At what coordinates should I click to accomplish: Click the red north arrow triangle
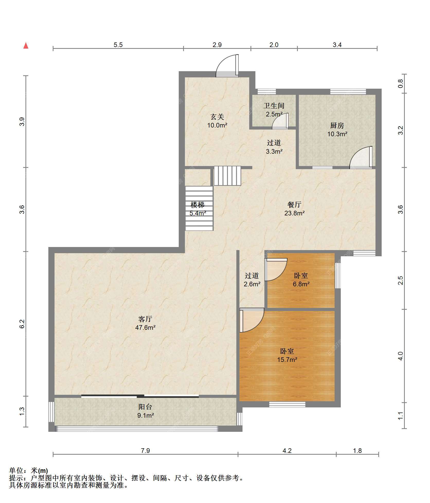26,46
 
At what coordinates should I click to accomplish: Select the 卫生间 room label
274,106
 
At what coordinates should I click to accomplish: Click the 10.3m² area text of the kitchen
337,134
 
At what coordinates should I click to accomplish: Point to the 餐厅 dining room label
294,205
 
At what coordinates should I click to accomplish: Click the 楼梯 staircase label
198,205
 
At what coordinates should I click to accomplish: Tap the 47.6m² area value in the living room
145,327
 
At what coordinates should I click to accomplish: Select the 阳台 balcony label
145,407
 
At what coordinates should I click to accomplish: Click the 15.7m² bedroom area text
287,360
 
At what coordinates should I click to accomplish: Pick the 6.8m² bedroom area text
301,284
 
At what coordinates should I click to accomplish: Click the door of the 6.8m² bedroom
276,270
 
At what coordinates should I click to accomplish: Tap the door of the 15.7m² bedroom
252,320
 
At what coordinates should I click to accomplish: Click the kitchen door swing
361,158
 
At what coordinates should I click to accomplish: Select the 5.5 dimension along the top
118,45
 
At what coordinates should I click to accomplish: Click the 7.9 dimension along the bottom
145,451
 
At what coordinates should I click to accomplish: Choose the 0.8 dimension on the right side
400,84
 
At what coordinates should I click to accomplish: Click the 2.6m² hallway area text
252,284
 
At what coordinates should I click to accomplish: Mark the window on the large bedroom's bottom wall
287,404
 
